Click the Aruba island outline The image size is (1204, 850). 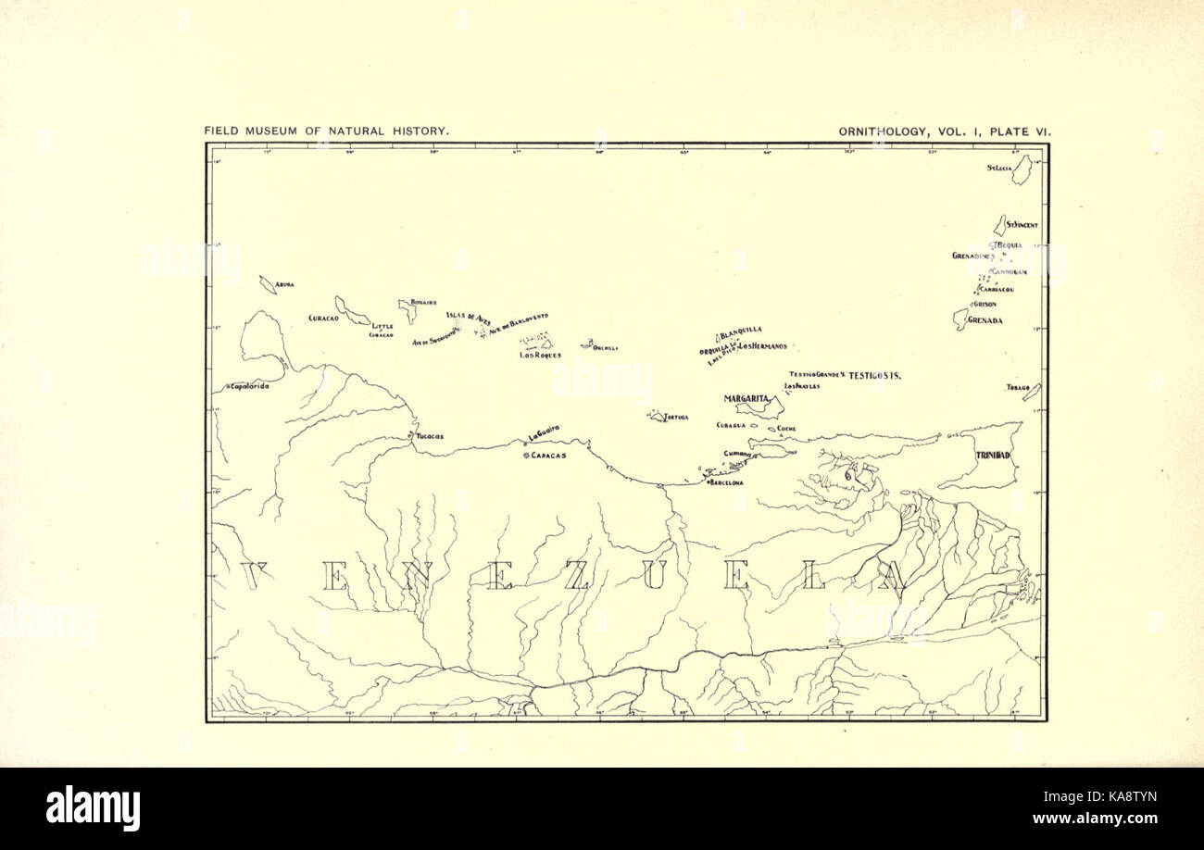click(x=267, y=284)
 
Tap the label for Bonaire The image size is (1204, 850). click(x=423, y=302)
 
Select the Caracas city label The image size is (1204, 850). click(x=547, y=456)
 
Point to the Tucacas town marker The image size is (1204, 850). click(x=410, y=434)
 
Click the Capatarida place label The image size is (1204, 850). click(x=249, y=386)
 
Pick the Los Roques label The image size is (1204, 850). click(x=540, y=355)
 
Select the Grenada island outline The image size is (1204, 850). click(x=959, y=319)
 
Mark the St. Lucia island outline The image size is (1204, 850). click(x=1022, y=170)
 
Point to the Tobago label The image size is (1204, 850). click(x=1018, y=387)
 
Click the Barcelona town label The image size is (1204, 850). click(x=727, y=482)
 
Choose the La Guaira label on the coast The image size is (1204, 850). click(x=544, y=431)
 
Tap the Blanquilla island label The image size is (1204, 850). click(x=741, y=330)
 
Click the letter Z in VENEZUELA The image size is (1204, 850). click(x=575, y=574)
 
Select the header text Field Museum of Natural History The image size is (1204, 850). click(x=327, y=131)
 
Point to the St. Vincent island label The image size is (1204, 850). click(x=1022, y=225)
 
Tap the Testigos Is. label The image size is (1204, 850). click(x=875, y=375)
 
